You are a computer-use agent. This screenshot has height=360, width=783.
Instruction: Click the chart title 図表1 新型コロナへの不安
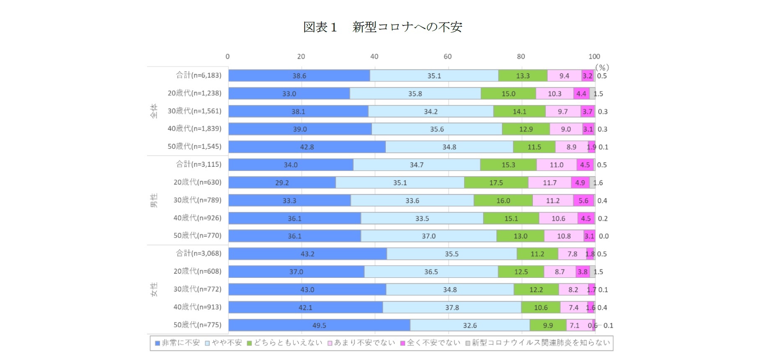[x=382, y=27]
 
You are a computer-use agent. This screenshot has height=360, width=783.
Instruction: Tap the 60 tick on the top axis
[x=447, y=57]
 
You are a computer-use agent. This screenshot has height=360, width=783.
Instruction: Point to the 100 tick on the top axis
[x=594, y=57]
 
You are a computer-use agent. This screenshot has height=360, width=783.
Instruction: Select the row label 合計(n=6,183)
[x=199, y=75]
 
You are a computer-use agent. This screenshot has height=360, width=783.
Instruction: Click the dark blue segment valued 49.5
[x=319, y=325]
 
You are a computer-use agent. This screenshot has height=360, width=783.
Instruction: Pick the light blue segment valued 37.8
[x=452, y=308]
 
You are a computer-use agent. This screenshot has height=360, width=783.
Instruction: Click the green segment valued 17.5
[x=496, y=183]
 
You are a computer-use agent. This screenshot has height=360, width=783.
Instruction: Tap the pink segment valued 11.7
[x=550, y=183]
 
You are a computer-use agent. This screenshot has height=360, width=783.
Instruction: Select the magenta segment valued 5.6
[x=584, y=201]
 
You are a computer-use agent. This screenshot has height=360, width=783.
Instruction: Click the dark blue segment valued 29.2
[x=282, y=183]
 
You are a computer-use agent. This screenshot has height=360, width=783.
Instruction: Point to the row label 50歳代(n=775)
[x=197, y=325]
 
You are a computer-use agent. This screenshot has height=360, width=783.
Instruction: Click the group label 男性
[x=154, y=200]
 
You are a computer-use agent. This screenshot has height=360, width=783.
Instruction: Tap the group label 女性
[x=154, y=290]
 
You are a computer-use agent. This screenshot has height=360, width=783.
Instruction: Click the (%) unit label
[x=602, y=67]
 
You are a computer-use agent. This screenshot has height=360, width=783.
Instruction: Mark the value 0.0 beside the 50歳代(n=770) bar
[x=604, y=236]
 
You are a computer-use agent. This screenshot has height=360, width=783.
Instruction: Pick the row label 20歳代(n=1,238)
[x=194, y=93]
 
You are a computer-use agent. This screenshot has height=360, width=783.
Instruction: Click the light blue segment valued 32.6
[x=470, y=325]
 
